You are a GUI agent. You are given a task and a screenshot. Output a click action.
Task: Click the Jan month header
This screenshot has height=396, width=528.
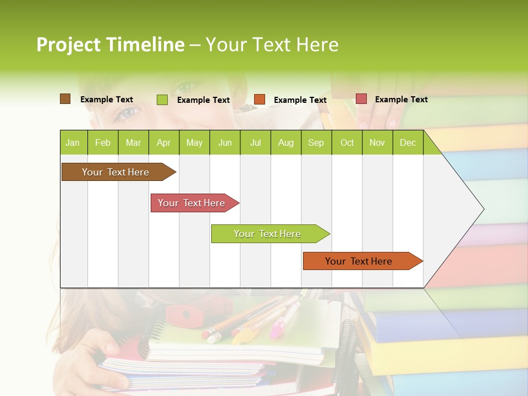click(x=73, y=142)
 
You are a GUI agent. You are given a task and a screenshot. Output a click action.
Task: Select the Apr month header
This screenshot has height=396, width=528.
click(x=163, y=142)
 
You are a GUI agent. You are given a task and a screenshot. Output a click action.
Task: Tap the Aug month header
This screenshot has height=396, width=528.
click(x=285, y=142)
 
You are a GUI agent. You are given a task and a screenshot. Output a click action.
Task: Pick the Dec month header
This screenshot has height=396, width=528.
click(x=408, y=142)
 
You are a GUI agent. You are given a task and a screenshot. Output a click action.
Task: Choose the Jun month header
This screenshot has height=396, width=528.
click(x=225, y=142)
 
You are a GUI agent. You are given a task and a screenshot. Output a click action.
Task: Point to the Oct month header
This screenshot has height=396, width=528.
click(x=347, y=142)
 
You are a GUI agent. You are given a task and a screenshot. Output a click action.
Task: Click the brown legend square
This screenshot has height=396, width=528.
click(x=65, y=99)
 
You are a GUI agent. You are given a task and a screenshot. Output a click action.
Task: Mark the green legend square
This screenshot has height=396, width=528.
click(x=162, y=100)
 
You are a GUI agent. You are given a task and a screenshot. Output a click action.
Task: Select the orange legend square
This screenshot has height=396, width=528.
click(x=260, y=100)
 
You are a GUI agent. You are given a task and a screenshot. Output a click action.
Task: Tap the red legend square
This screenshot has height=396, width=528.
click(x=361, y=99)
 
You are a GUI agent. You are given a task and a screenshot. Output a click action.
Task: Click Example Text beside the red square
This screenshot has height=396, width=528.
click(x=401, y=100)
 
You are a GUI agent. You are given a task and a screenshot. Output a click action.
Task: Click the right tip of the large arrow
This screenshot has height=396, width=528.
click(x=483, y=209)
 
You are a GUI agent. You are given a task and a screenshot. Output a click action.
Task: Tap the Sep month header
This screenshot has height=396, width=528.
click(x=316, y=142)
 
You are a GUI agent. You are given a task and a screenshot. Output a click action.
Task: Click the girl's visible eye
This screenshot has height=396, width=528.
click(x=128, y=113)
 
